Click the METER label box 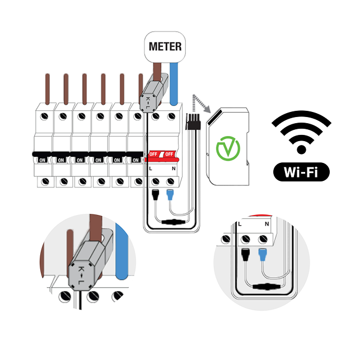(x=165, y=47)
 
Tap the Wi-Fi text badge (x=301, y=172)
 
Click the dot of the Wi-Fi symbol (x=301, y=149)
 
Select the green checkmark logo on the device (x=228, y=148)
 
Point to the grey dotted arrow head (x=207, y=109)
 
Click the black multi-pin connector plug (x=193, y=122)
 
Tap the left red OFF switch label (x=153, y=154)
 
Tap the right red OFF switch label (x=169, y=154)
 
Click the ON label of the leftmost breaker (x=42, y=160)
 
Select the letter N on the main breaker (x=174, y=169)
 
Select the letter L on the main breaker (x=151, y=169)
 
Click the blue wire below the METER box (x=174, y=84)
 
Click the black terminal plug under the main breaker (x=156, y=195)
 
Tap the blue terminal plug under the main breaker (x=170, y=195)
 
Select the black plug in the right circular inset (x=246, y=255)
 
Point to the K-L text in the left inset (x=81, y=275)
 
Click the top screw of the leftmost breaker (x=44, y=116)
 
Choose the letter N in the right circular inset (x=267, y=224)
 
